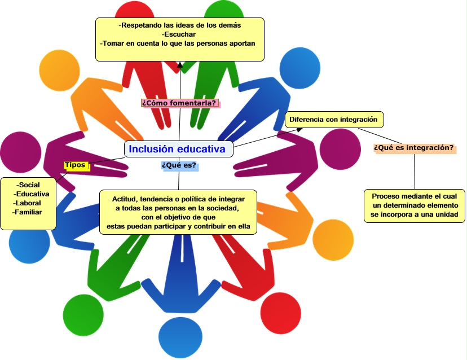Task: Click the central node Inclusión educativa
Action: coord(178,149)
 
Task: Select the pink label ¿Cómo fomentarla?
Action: coord(179,103)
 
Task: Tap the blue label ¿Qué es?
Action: coord(179,165)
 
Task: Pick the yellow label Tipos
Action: coord(75,165)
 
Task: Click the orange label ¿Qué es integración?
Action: coord(414,148)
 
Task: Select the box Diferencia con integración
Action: coord(335,120)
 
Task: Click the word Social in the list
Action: coord(28,185)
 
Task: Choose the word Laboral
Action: coord(28,203)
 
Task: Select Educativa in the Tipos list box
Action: coord(33,194)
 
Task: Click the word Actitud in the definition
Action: coord(125,199)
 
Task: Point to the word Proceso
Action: coord(386,196)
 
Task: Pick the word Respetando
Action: coord(142,25)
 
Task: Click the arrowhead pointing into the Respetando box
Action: coord(180,64)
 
